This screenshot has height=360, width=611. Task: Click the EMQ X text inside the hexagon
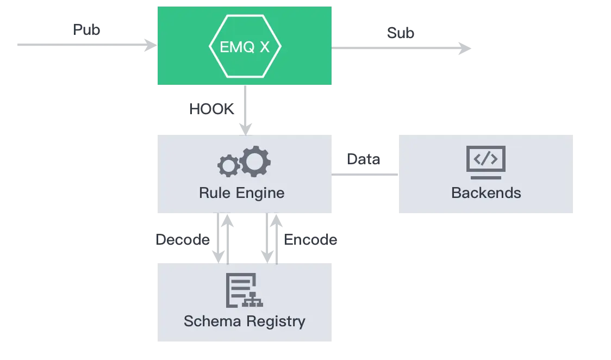pyautogui.click(x=245, y=47)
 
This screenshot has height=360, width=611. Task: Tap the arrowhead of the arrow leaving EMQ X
pyautogui.click(x=463, y=48)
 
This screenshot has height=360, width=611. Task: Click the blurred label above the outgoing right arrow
pyautogui.click(x=402, y=33)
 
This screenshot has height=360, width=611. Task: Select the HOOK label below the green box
pyautogui.click(x=211, y=109)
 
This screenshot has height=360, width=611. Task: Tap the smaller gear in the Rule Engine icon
pyautogui.click(x=227, y=165)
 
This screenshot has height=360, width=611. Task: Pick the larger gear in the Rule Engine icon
pyautogui.click(x=255, y=161)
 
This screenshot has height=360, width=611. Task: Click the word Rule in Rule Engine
pyautogui.click(x=213, y=193)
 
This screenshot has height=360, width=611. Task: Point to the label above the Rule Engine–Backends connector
pyautogui.click(x=363, y=159)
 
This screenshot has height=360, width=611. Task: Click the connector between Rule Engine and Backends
pyautogui.click(x=365, y=174)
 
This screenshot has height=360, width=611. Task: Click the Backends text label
pyautogui.click(x=485, y=193)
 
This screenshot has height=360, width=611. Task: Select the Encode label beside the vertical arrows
pyautogui.click(x=311, y=240)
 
